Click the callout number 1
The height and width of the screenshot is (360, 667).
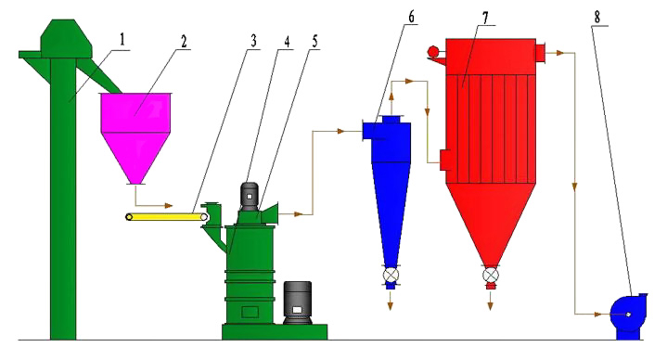coord(122,40)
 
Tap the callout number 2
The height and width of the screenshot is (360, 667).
coord(184,42)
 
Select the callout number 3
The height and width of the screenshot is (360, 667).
coord(253,41)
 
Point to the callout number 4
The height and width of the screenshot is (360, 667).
coord(287,42)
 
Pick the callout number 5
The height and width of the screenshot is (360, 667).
coord(314,41)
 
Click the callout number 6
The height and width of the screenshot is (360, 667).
coord(410,17)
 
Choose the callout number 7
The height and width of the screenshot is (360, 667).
coord(485,17)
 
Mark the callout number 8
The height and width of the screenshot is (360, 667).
coord(597,17)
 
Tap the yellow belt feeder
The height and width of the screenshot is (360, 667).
coord(167,217)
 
